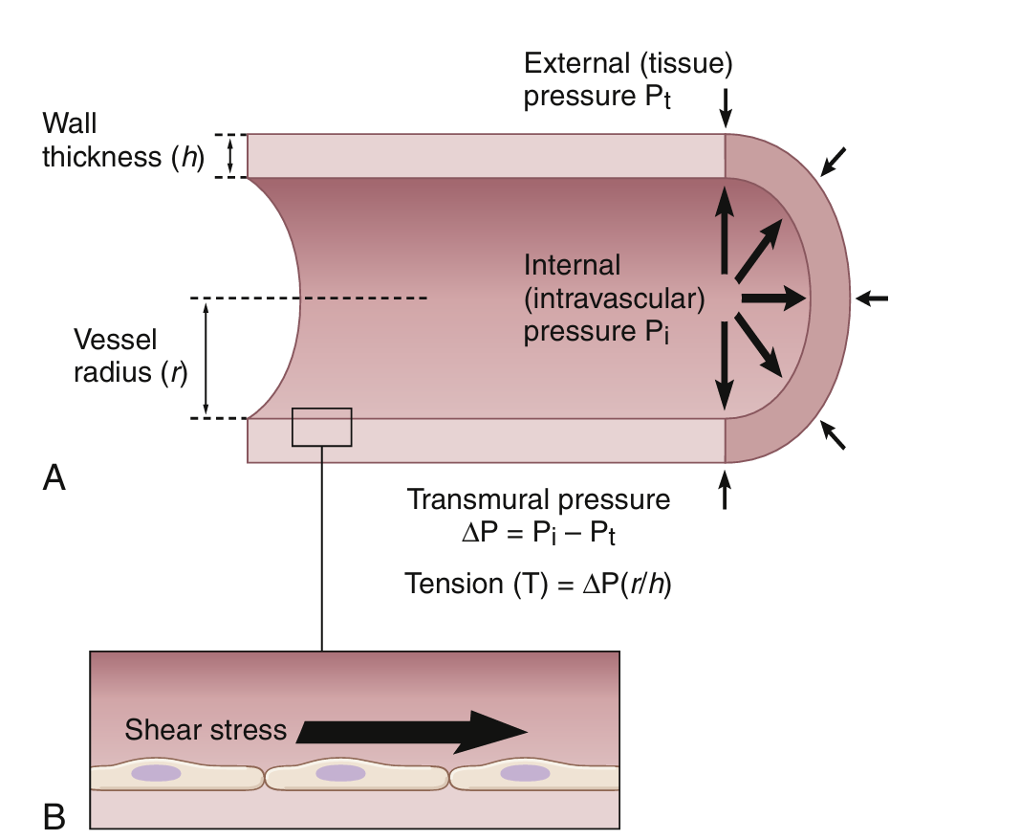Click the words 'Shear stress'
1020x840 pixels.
(206, 731)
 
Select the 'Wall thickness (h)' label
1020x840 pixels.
(123, 141)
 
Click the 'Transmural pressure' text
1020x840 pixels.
(539, 499)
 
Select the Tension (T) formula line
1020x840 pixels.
(538, 583)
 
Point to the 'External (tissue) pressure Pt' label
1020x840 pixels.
(628, 81)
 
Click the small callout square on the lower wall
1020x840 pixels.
(321, 427)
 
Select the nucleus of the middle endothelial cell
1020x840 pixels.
(340, 772)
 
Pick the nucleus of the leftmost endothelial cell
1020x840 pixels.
(157, 772)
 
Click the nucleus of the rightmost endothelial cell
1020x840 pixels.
(525, 772)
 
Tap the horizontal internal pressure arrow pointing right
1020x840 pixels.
(773, 299)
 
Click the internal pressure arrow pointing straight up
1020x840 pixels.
(725, 231)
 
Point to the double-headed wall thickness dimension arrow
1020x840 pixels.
(229, 155)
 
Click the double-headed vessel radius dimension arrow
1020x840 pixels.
(206, 358)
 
